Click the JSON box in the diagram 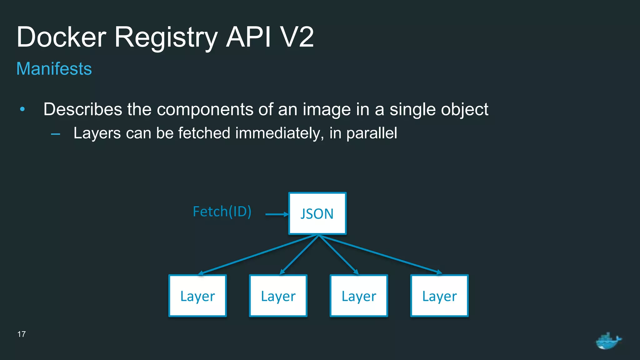click(317, 213)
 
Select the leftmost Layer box click(197, 296)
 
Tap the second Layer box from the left click(278, 296)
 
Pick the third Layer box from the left click(359, 296)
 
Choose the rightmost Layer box click(439, 296)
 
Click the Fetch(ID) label click(222, 212)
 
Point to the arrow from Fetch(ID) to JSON click(277, 214)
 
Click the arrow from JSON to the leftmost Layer click(259, 255)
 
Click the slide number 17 click(22, 334)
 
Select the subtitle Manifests click(54, 69)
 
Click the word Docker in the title click(62, 37)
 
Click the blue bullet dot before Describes click(22, 109)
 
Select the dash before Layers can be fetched click(56, 134)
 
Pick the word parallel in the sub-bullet click(372, 133)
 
